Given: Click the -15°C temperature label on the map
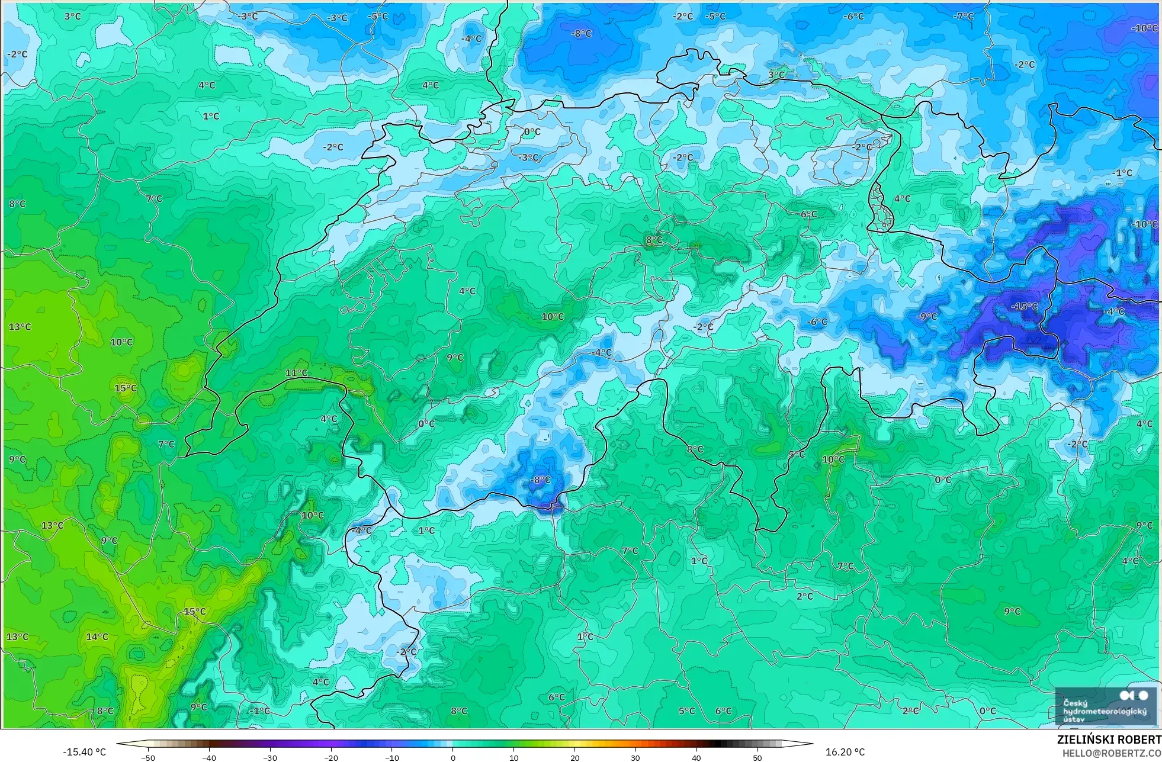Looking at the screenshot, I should click(x=1025, y=307).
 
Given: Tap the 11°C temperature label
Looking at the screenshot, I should click(x=296, y=373).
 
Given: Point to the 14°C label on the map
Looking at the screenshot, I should click(x=97, y=637).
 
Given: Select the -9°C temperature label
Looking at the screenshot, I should click(x=927, y=317).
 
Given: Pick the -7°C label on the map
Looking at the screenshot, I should click(x=964, y=17).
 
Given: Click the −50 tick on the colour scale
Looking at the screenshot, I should click(x=148, y=757).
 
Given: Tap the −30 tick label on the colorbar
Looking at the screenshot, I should click(x=269, y=757).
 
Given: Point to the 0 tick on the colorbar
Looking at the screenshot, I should click(x=453, y=757).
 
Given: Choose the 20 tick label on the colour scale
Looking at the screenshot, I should click(x=574, y=757).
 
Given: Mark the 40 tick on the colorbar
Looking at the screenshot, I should click(x=696, y=757).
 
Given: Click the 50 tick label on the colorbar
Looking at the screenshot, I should click(x=757, y=757).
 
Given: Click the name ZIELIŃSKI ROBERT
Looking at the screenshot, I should click(x=1109, y=740).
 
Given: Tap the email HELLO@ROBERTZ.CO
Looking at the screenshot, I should click(x=1112, y=753).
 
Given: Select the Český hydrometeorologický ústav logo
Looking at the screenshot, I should click(x=1105, y=706).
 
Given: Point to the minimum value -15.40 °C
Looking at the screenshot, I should click(x=85, y=753).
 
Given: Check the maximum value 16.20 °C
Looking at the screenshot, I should click(x=845, y=753).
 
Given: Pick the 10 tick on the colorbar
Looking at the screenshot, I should click(x=513, y=757).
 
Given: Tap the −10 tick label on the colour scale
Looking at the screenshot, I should click(x=391, y=757).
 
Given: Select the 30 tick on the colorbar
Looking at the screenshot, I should click(x=635, y=757).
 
